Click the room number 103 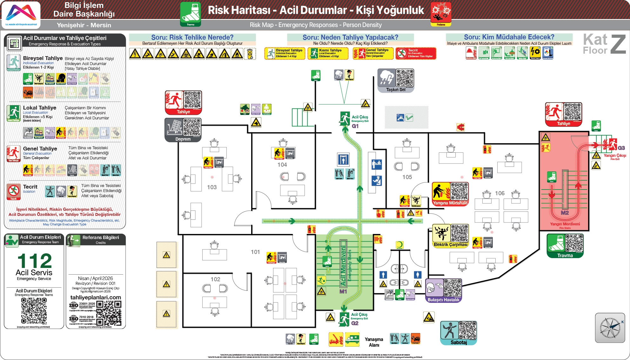[212, 187]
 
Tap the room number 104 [282, 165]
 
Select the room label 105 [407, 177]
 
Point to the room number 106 [499, 193]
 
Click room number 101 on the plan [255, 252]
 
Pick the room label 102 [215, 279]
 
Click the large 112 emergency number [34, 261]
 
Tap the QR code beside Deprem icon [192, 127]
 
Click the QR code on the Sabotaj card [467, 330]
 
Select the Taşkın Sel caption [396, 90]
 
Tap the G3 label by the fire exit [621, 148]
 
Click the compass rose [610, 328]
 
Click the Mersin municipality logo [21, 15]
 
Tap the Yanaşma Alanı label [374, 342]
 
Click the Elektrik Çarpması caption [450, 244]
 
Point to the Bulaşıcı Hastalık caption [443, 300]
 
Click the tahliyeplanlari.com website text [96, 297]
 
